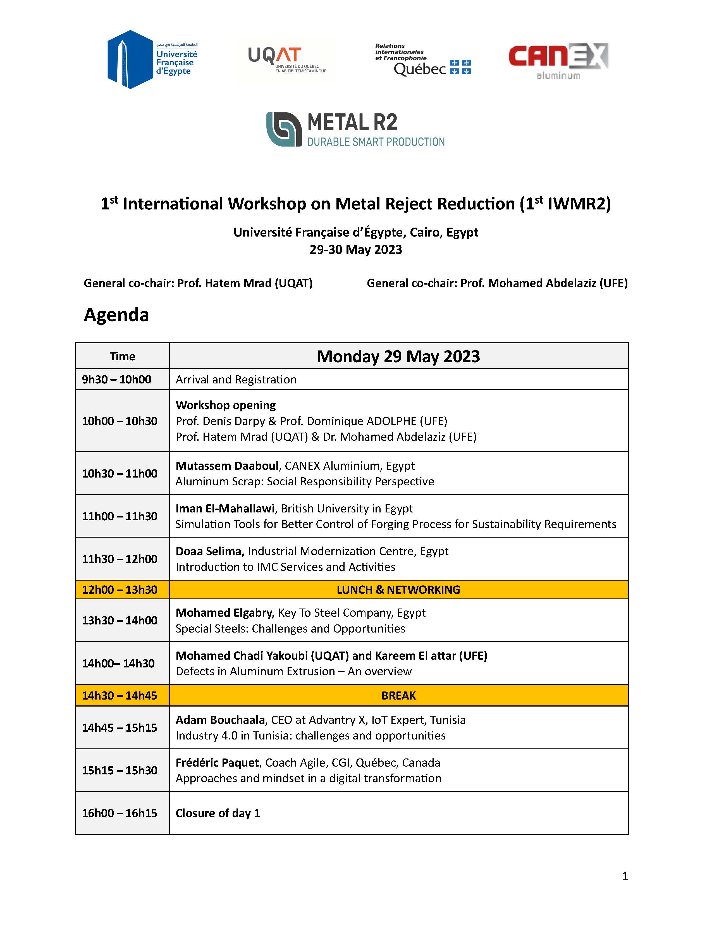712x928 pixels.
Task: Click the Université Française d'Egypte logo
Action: pyautogui.click(x=152, y=59)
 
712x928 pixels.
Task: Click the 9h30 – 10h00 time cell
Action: pyautogui.click(x=116, y=380)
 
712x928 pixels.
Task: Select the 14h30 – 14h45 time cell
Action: pyautogui.click(x=120, y=696)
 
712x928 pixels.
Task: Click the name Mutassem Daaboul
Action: pyautogui.click(x=227, y=466)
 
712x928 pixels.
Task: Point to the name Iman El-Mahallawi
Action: pyautogui.click(x=225, y=508)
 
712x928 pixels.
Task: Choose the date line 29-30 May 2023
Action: pyautogui.click(x=355, y=249)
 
